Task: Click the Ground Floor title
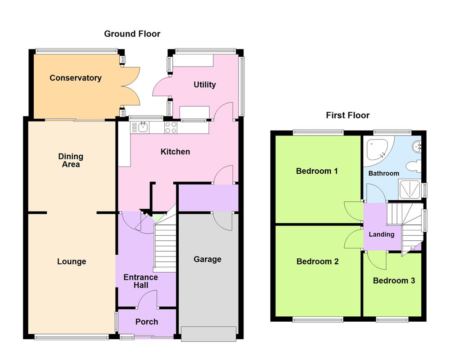coord(132,34)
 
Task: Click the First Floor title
coord(347,115)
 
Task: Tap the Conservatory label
coord(76,78)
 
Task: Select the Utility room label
coord(205,85)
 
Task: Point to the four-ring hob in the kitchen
coord(171,128)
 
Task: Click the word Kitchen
coord(175,152)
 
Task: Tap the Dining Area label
coord(71,160)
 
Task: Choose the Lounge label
coord(72,261)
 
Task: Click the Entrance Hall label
coord(141,281)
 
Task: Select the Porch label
coord(147,322)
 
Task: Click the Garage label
coord(207,259)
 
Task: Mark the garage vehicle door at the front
coord(208,333)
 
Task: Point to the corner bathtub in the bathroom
coord(378,150)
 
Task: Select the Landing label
coord(382,234)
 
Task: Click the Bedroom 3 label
coord(394,280)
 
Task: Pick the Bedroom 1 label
coord(317,171)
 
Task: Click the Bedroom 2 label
coord(317,261)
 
